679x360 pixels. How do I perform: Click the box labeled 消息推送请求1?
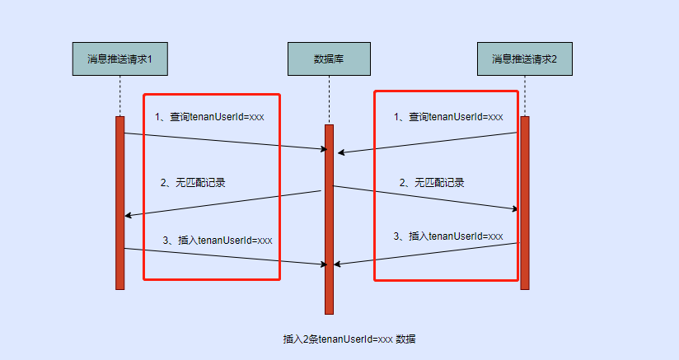(x=120, y=58)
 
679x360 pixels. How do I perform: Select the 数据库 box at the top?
(x=329, y=58)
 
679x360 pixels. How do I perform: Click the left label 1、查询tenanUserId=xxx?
(x=209, y=117)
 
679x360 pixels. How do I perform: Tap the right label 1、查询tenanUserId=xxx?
(x=447, y=117)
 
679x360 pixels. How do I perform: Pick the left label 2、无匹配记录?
(x=193, y=183)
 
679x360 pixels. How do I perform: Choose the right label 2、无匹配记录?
(x=432, y=183)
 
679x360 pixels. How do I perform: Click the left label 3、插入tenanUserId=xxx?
(x=218, y=241)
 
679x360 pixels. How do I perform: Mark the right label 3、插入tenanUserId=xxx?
(x=448, y=236)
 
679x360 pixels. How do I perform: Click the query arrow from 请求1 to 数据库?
(x=222, y=142)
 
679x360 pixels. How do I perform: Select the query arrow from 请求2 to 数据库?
(x=428, y=142)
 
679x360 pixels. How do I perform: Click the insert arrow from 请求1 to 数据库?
(x=222, y=257)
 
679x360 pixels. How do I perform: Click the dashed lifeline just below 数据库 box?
(x=329, y=99)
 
